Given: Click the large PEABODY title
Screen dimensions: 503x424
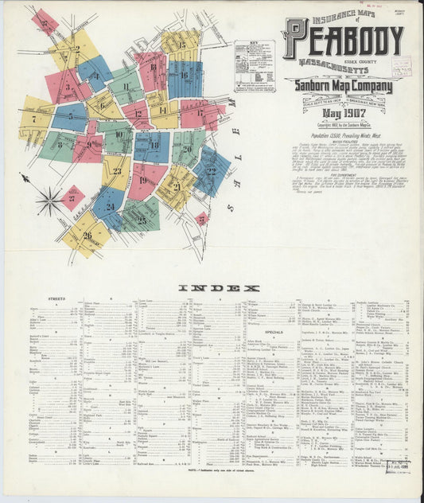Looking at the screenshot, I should tap(344, 38).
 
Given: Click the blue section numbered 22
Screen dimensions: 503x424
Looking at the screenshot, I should tap(211, 170).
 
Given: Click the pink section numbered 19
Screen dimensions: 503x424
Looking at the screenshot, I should tap(145, 181).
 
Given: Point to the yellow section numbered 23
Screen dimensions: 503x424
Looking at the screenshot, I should tap(116, 171).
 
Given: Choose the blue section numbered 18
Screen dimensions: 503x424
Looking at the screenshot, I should tap(153, 146).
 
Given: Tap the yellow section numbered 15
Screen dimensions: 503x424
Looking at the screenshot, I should tap(181, 45).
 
